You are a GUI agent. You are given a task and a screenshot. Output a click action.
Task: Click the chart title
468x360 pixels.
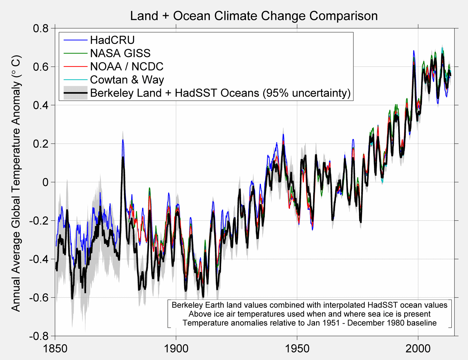[x=254, y=16]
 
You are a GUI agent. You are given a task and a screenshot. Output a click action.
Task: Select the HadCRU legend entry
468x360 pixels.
[x=112, y=40]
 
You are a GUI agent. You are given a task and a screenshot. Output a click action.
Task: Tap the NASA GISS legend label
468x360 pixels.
[x=120, y=53]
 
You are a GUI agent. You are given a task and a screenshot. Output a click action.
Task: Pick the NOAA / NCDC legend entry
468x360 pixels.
[x=126, y=67]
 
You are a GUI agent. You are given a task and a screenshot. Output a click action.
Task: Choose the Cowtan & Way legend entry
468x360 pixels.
[x=127, y=80]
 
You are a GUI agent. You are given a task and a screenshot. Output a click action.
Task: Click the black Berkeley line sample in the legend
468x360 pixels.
[x=75, y=93]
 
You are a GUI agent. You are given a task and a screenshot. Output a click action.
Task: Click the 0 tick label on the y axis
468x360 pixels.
[x=45, y=182]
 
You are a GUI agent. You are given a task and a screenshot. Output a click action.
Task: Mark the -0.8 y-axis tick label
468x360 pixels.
[x=39, y=336]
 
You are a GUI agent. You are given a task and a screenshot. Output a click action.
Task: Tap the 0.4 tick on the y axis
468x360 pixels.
[x=40, y=105]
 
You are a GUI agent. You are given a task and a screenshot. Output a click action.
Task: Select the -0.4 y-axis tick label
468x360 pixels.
[x=39, y=259]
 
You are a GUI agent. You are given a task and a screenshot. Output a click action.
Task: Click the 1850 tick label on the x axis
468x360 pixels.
[x=55, y=348]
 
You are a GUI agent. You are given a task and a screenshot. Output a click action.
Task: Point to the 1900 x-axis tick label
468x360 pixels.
[x=176, y=348]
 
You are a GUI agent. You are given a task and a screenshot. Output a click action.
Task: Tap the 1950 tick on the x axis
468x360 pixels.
[x=297, y=348]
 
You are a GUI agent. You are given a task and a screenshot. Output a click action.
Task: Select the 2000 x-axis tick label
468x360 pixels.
[x=418, y=348]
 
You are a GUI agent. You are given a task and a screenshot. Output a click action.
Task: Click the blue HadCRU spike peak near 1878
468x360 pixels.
[x=123, y=140]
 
